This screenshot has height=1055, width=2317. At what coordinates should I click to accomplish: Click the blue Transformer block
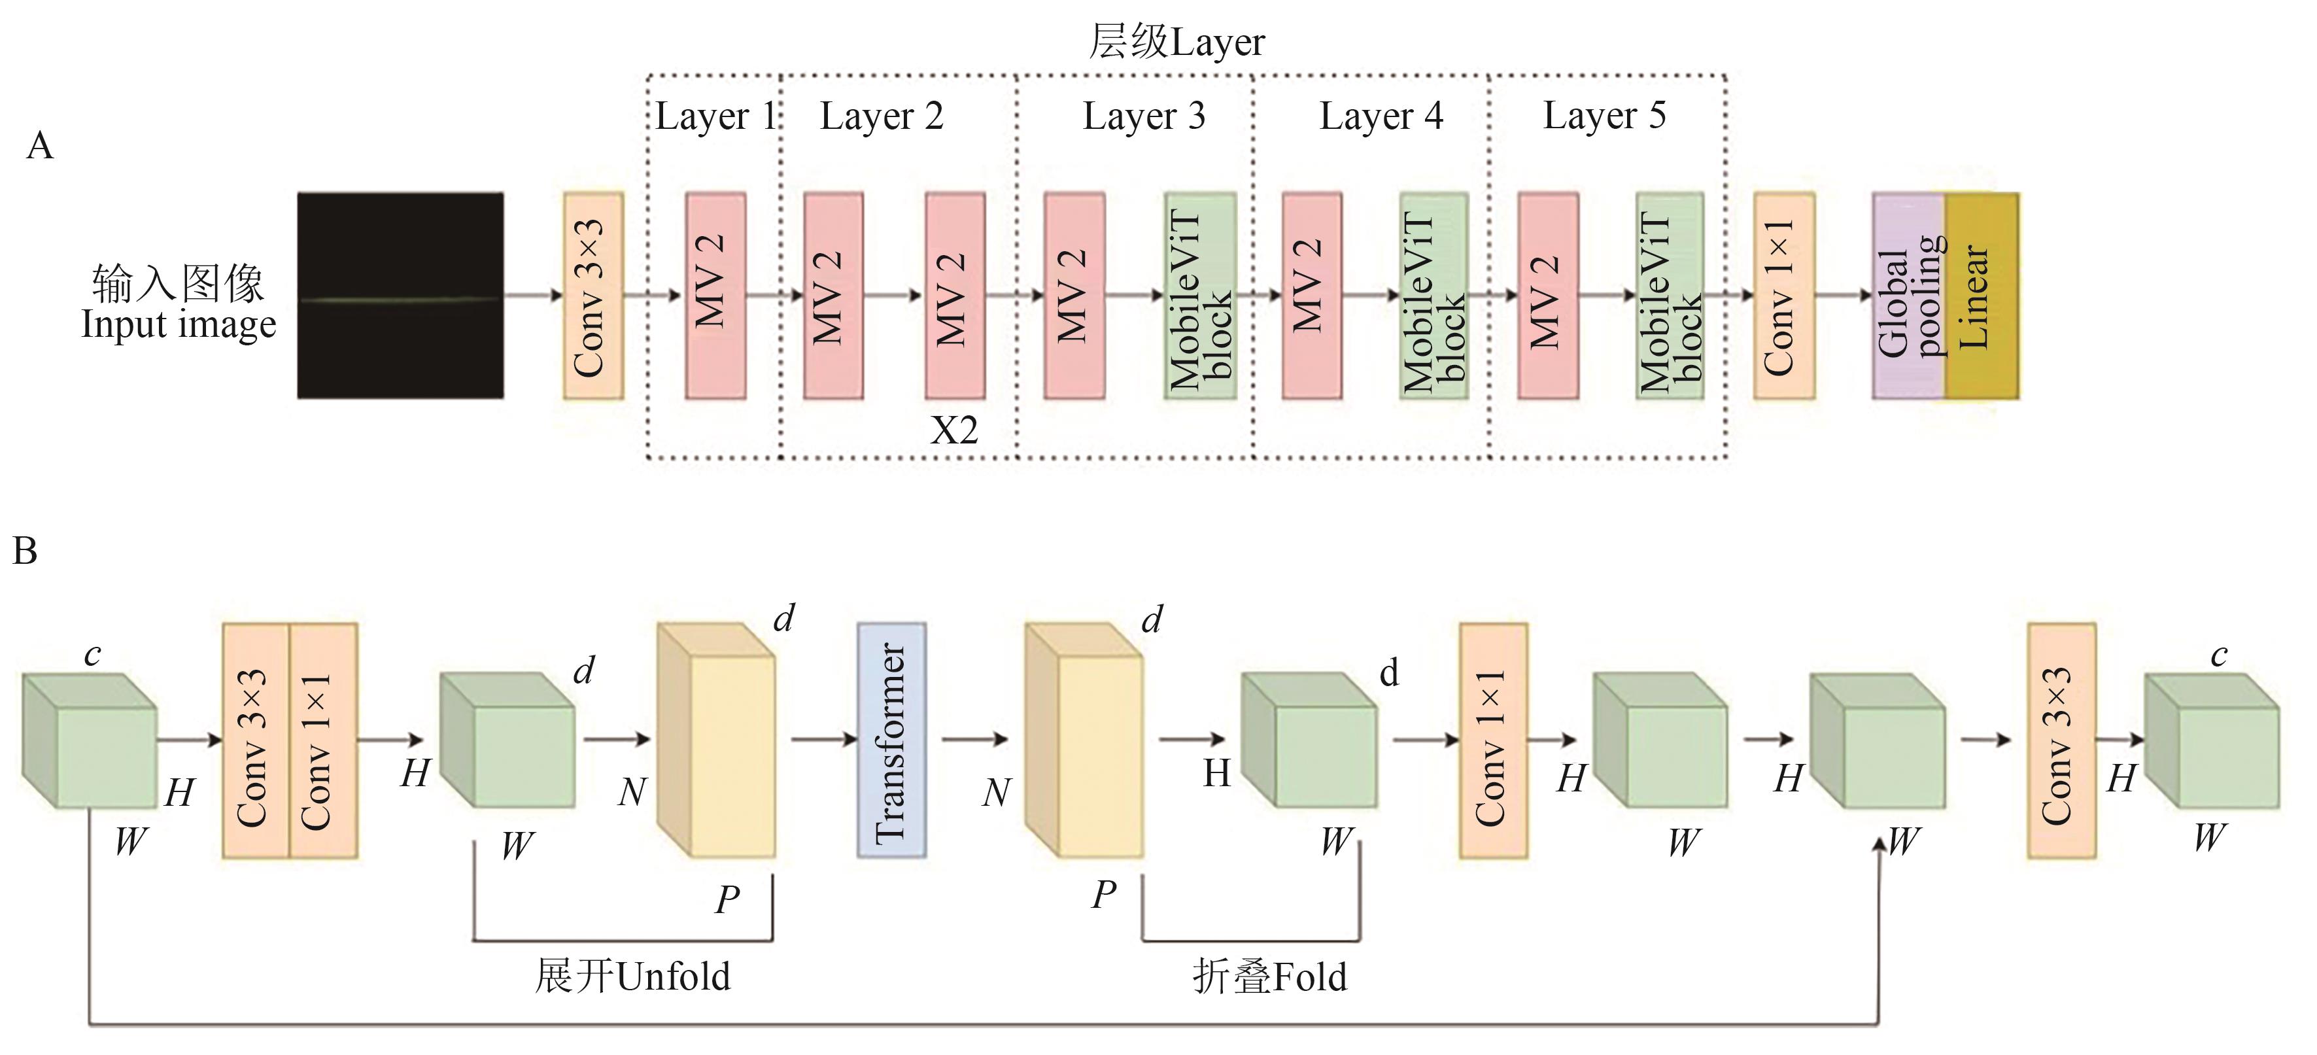[x=891, y=739]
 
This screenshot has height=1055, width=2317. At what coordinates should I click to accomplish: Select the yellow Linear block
[x=1982, y=296]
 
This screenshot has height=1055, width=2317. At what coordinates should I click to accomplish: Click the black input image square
[x=400, y=295]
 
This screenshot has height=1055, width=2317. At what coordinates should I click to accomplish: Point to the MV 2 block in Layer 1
[x=715, y=295]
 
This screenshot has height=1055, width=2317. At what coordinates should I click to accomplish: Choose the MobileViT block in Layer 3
[x=1200, y=295]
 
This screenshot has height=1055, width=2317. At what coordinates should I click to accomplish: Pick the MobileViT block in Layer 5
[x=1670, y=295]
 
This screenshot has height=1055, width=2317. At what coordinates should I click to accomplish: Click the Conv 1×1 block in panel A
[x=1783, y=295]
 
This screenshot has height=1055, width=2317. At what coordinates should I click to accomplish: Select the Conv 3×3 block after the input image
[x=592, y=295]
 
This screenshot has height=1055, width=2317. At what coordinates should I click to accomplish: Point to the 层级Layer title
[x=1176, y=41]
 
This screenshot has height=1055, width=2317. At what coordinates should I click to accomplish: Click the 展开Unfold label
[x=632, y=976]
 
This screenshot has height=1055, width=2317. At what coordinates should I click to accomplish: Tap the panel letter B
[x=26, y=551]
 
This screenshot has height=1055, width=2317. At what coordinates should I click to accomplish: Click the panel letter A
[x=40, y=146]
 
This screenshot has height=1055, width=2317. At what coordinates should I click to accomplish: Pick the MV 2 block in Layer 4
[x=1311, y=295]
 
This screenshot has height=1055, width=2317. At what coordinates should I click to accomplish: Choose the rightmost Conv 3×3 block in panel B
[x=2061, y=739]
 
